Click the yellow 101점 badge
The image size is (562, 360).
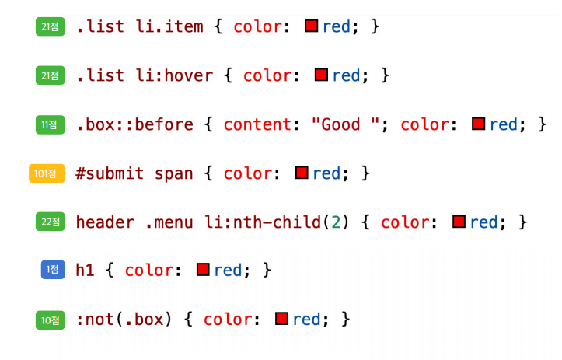tap(46, 173)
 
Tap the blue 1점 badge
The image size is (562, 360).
tap(53, 271)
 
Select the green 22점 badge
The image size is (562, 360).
tap(51, 222)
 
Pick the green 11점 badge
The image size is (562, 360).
tap(51, 124)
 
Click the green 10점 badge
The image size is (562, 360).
tap(51, 320)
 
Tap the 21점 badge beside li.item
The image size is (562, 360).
tap(51, 27)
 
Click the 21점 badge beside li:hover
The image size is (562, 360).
tap(51, 76)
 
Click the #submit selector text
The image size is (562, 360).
tap(110, 173)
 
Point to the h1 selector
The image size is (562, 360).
tap(86, 271)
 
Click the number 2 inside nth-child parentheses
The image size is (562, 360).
tap(336, 222)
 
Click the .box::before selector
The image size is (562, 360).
tap(134, 124)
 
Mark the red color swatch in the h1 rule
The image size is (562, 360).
tap(204, 270)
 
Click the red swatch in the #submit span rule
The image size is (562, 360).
tap(302, 173)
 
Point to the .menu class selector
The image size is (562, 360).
tap(169, 222)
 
